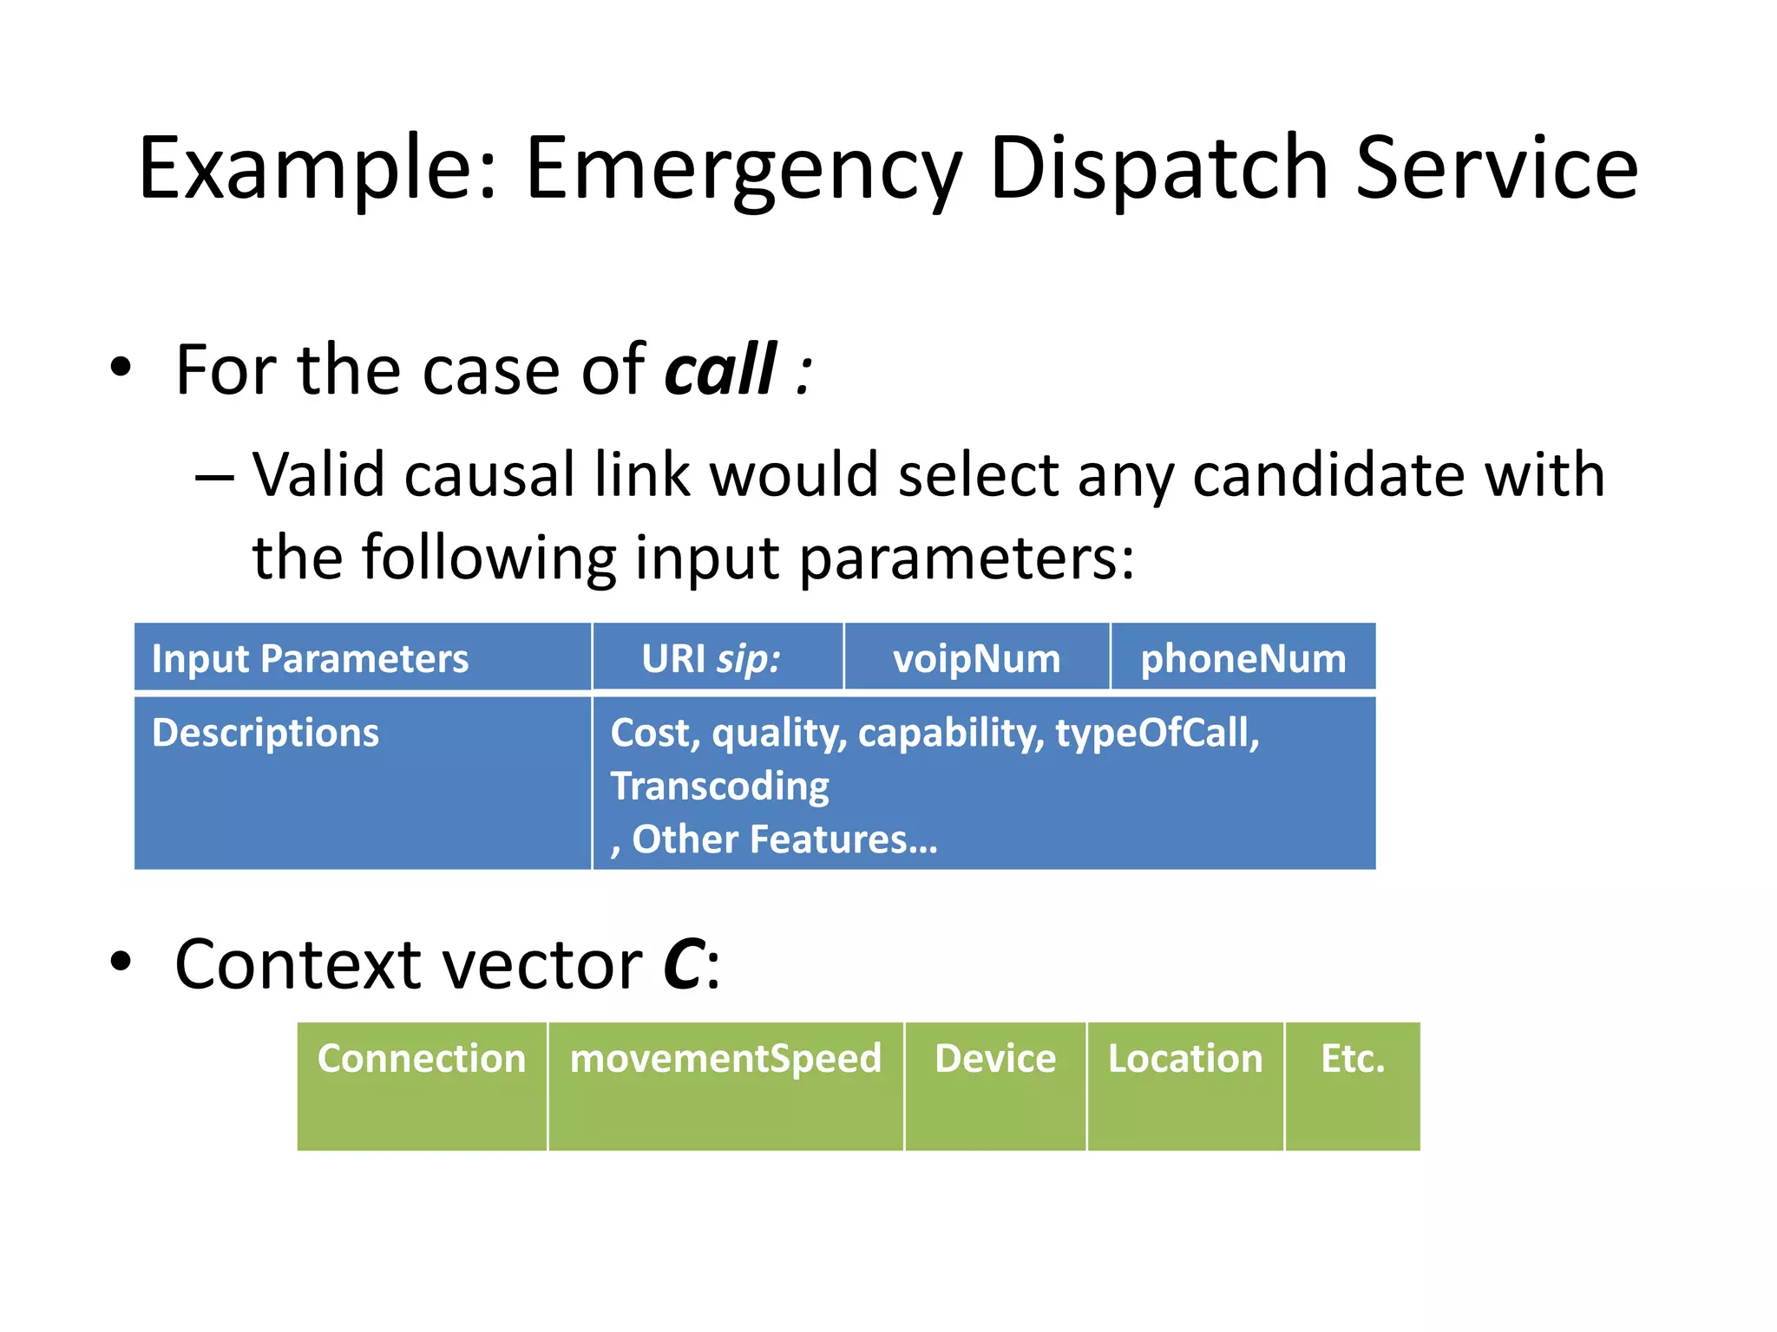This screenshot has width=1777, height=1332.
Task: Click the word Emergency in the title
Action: pos(743,169)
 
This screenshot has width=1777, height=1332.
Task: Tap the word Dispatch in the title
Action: pos(1158,169)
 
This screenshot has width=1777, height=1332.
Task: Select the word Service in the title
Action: pos(1496,169)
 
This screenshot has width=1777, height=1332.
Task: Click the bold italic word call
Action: pos(720,370)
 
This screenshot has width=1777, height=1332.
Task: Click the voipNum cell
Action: pos(976,658)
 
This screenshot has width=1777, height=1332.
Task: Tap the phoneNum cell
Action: pos(1243,658)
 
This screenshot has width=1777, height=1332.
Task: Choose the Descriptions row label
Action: pos(266,733)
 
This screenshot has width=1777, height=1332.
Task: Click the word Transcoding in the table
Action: pos(720,787)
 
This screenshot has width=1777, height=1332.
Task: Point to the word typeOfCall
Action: pos(1156,733)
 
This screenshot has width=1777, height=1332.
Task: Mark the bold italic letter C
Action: pos(683,965)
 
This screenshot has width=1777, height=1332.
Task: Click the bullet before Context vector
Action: pos(121,962)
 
